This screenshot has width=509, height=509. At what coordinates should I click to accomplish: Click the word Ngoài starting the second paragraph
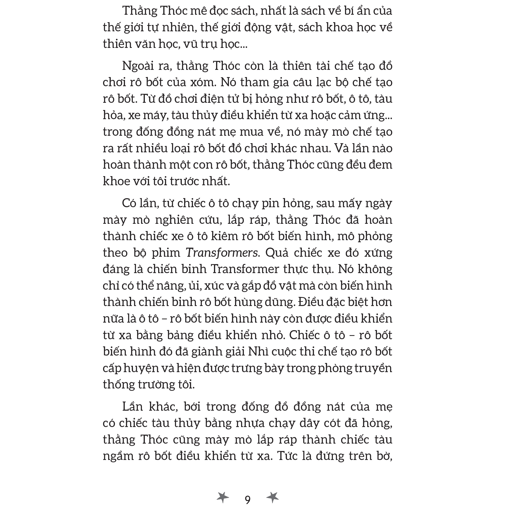click(138, 66)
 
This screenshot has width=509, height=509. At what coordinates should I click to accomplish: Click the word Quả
click(276, 253)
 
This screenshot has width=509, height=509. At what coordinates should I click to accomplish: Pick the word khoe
click(116, 181)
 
